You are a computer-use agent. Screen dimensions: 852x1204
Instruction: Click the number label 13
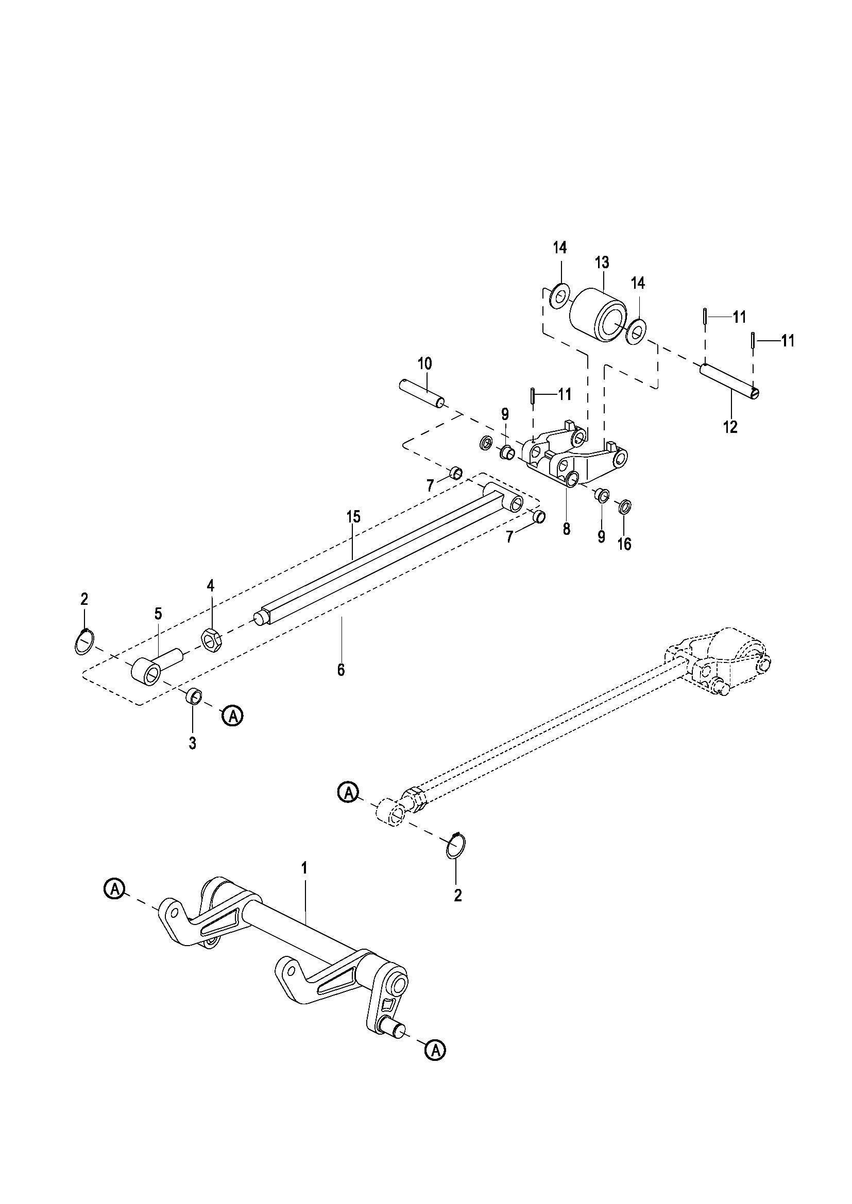pos(602,263)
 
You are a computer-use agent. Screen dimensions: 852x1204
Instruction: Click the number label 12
pos(730,427)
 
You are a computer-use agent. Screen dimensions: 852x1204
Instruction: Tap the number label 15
pos(353,517)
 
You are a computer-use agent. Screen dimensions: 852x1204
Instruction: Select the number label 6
pos(341,670)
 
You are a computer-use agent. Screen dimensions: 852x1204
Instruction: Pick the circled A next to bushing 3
pos(233,716)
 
